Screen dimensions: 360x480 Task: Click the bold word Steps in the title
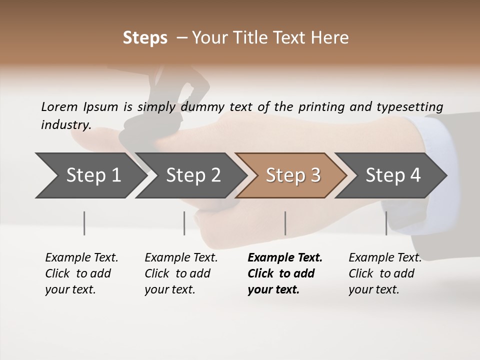[x=145, y=38]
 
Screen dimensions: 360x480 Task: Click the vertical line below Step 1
[x=84, y=223]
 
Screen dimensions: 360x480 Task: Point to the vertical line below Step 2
[x=184, y=223]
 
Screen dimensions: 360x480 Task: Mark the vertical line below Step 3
[x=285, y=223]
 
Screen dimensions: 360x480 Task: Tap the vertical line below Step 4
[x=386, y=223]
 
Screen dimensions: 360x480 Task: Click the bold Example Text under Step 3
[x=285, y=257]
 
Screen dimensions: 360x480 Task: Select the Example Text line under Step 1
[x=81, y=257]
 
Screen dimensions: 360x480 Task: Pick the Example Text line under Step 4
[x=385, y=257]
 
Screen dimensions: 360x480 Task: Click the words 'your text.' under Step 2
[x=169, y=289]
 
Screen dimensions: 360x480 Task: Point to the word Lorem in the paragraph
[x=58, y=106]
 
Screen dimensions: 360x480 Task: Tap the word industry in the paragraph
[x=65, y=125]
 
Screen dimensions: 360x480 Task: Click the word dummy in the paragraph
[x=203, y=106]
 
